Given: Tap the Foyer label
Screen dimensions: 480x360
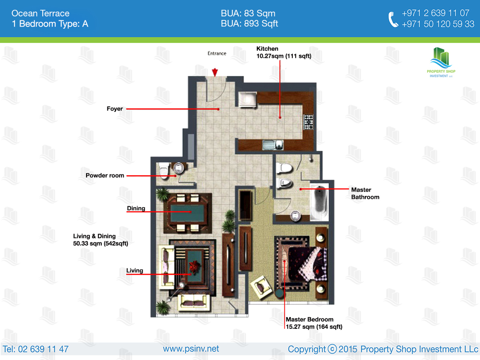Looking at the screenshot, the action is [x=114, y=109].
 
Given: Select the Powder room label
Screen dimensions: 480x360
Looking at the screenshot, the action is [x=105, y=175].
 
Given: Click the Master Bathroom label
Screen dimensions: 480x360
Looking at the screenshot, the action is [x=365, y=193].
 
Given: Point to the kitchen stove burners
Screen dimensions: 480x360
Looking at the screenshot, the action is [x=308, y=122].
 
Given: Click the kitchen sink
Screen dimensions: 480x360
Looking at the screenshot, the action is [x=273, y=145].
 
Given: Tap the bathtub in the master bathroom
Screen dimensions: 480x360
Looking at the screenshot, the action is [x=320, y=202].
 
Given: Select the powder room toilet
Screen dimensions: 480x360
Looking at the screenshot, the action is [x=164, y=171].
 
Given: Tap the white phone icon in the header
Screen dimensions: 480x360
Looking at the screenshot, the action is [x=393, y=19].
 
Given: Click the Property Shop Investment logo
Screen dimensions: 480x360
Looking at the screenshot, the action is [x=441, y=62].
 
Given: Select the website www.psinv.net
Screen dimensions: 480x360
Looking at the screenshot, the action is [x=191, y=349].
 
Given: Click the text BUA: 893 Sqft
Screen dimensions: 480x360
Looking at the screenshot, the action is [x=249, y=24].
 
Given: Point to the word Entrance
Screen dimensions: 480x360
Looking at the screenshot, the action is [x=217, y=53].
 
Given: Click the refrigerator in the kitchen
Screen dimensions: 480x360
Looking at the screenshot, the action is [x=248, y=100].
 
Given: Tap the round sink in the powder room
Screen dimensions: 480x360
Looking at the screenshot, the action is [x=179, y=168].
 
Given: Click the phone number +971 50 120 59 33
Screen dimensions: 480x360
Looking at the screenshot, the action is [x=438, y=24].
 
